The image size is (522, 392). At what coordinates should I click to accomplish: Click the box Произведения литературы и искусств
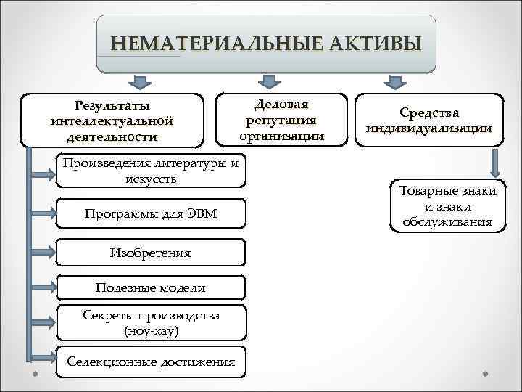151,171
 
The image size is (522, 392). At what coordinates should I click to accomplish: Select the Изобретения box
151,253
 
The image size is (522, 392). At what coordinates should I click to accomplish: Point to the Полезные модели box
151,287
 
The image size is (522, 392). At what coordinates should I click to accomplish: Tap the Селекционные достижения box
151,362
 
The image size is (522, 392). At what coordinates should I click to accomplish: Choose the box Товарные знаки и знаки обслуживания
447,206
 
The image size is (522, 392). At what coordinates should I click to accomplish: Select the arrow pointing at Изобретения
42,253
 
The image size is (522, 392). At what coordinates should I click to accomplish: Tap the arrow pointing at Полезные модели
42,288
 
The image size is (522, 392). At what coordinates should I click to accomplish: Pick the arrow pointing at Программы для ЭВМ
42,213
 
